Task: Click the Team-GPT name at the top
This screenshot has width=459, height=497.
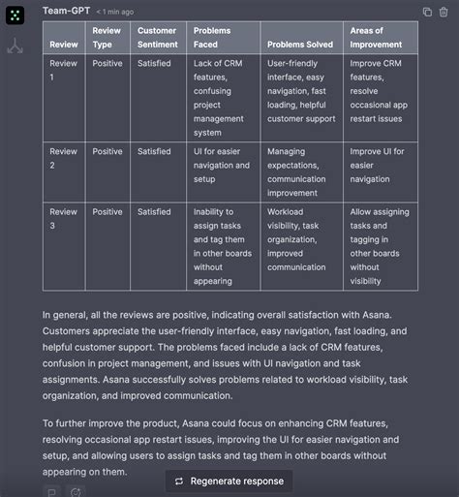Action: [x=66, y=11]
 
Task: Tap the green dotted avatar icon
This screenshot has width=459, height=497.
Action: [x=15, y=15]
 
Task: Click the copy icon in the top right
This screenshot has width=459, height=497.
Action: [x=428, y=12]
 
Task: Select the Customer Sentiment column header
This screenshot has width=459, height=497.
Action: [x=157, y=37]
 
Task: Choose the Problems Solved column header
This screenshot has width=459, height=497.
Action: [x=300, y=45]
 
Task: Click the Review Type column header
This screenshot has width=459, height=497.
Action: [x=107, y=37]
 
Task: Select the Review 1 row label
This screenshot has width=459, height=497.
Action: [x=64, y=69]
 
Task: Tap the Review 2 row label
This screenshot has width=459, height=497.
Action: [x=64, y=158]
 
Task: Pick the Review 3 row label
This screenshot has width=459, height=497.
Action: [x=64, y=218]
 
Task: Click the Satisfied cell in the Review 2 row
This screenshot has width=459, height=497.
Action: [x=154, y=152]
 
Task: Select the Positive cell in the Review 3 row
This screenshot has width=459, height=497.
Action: [x=107, y=212]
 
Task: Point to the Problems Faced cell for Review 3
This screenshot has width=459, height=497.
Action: [x=218, y=246]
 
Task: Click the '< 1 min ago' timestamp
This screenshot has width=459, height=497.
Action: [x=115, y=12]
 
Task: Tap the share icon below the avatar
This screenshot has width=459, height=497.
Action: [x=15, y=47]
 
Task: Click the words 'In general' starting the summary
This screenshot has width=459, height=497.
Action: [x=69, y=315]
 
